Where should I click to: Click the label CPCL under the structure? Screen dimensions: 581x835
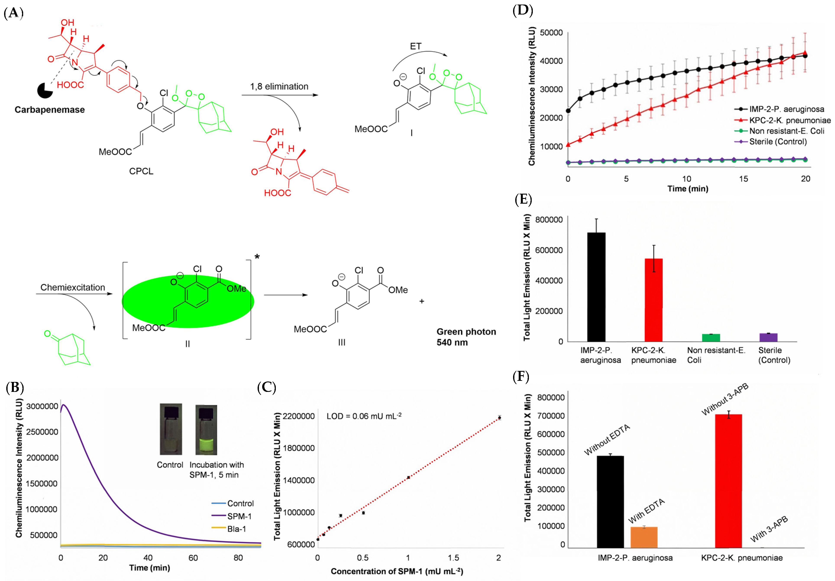[141, 171]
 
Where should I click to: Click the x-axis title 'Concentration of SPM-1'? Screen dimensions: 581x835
[396, 571]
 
